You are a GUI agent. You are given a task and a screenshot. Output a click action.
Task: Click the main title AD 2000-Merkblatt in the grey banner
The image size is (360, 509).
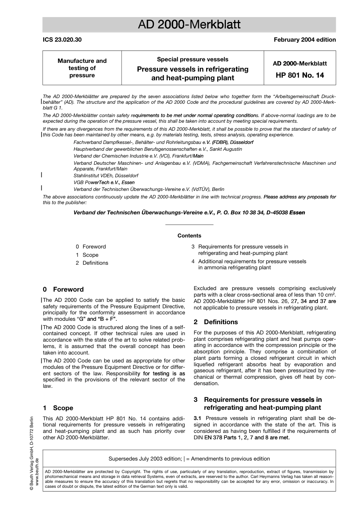click(x=189, y=25)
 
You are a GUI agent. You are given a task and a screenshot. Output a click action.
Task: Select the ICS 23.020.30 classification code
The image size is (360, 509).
click(x=62, y=40)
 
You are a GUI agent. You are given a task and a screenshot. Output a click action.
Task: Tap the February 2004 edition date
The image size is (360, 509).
click(x=305, y=40)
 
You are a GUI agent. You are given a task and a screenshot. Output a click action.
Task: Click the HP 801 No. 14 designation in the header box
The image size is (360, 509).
click(x=300, y=75)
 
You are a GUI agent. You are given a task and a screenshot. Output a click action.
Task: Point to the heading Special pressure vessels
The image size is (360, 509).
click(x=193, y=59)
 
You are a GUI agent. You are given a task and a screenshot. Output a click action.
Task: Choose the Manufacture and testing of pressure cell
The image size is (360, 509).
click(x=82, y=68)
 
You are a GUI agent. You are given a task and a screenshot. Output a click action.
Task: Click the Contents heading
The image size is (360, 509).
click(x=189, y=236)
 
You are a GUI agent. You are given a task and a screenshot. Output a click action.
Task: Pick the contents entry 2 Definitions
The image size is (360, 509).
click(x=92, y=263)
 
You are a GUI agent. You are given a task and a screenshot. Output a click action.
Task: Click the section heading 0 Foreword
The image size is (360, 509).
click(x=63, y=289)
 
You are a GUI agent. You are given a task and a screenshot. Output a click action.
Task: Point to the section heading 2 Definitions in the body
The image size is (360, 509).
click(x=216, y=322)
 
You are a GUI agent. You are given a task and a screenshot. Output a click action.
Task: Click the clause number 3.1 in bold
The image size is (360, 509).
click(x=197, y=418)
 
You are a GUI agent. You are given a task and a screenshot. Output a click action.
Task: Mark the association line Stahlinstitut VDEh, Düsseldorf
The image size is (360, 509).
click(x=106, y=176)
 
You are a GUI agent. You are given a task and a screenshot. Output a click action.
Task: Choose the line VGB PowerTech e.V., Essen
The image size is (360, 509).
click(x=104, y=183)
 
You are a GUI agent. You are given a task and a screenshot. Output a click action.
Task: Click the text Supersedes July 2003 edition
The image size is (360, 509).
click(x=145, y=459)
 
